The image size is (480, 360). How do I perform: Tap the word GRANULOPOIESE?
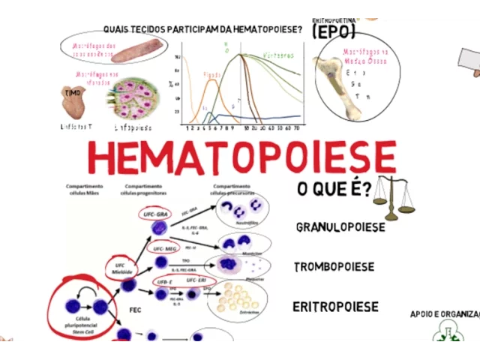[340, 227]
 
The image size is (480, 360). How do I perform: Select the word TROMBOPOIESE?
[334, 267]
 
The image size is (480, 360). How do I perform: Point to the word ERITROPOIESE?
[335, 307]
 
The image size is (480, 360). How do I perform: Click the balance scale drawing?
[394, 197]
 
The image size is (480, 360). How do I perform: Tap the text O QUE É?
[334, 190]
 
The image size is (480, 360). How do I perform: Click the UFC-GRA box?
[156, 214]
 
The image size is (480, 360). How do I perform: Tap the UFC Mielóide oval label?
[124, 268]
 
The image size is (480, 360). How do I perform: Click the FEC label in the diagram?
[135, 310]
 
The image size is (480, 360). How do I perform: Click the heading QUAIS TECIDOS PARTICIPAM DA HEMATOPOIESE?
[202, 30]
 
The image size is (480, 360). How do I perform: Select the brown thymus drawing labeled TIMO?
[72, 100]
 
